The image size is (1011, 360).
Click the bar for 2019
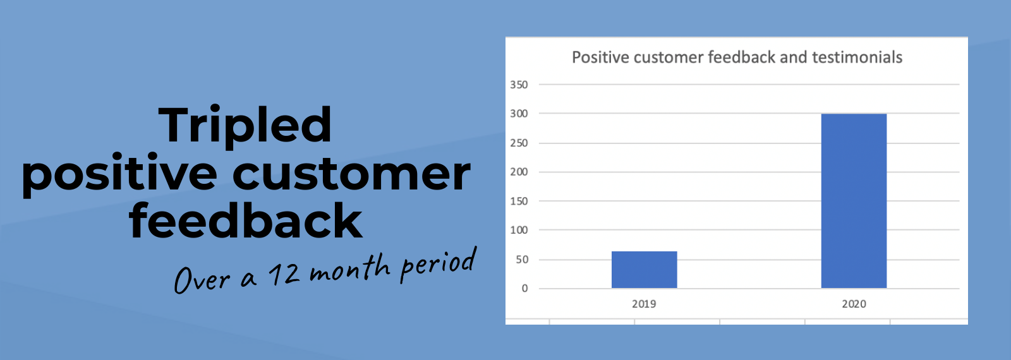click(x=644, y=269)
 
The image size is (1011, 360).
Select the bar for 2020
click(x=854, y=201)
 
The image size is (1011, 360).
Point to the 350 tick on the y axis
click(x=519, y=85)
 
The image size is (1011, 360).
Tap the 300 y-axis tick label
click(x=519, y=114)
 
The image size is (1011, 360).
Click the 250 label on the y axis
click(x=519, y=143)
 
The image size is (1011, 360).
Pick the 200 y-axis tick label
click(x=519, y=172)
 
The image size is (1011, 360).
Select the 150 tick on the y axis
click(x=519, y=201)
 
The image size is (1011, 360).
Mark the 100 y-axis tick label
click(x=519, y=230)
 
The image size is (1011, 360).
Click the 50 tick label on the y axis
click(x=522, y=260)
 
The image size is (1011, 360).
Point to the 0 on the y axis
click(x=524, y=288)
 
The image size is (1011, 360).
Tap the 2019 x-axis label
click(x=644, y=304)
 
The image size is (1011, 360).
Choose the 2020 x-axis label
click(x=854, y=304)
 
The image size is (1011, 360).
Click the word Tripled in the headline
click(x=245, y=126)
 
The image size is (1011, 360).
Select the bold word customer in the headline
click(x=351, y=174)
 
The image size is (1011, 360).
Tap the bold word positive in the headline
click(x=119, y=175)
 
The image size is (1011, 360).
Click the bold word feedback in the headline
click(x=246, y=220)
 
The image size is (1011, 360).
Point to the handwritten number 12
click(x=284, y=273)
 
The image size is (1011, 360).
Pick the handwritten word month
click(x=349, y=267)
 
